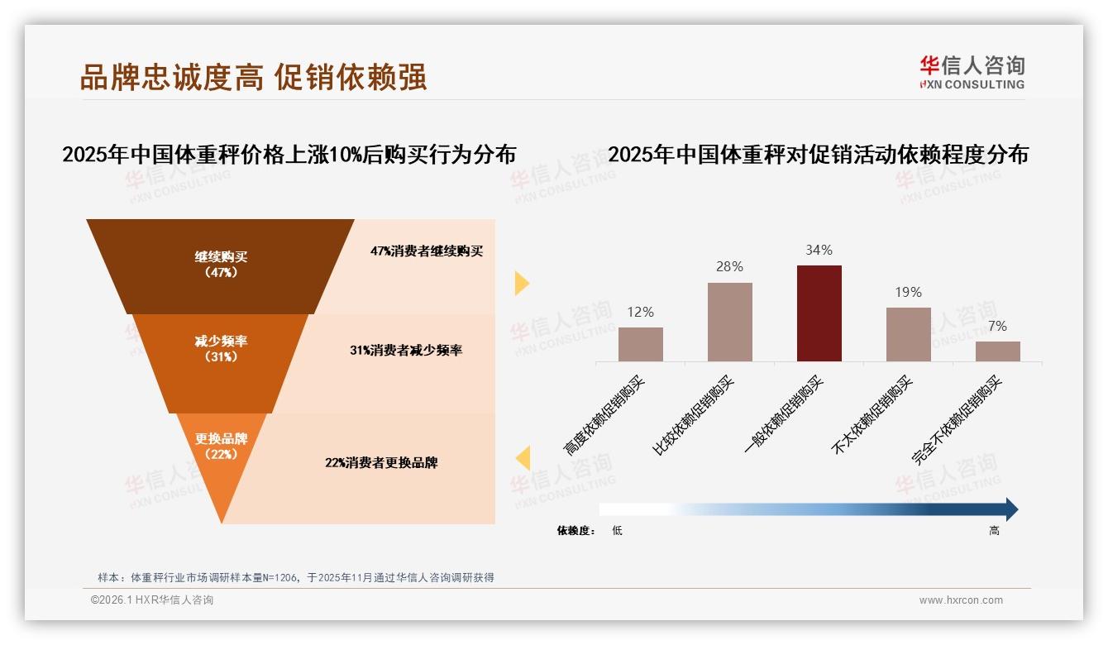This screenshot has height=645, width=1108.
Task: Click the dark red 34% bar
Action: click(819, 313)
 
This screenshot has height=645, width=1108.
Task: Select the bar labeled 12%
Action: click(641, 344)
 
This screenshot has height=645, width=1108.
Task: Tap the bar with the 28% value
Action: click(730, 322)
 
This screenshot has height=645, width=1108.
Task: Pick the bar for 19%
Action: click(908, 334)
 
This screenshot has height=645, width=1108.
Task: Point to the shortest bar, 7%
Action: click(997, 351)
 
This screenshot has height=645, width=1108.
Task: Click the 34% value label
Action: click(819, 250)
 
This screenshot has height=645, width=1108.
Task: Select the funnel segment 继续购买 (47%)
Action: click(221, 265)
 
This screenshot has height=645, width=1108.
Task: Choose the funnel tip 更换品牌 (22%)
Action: click(222, 447)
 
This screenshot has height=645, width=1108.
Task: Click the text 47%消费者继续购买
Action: click(427, 251)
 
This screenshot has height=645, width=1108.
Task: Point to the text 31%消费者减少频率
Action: click(406, 351)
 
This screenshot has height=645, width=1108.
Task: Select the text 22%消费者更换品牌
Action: click(381, 463)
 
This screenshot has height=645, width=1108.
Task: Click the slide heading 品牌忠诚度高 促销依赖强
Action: click(253, 77)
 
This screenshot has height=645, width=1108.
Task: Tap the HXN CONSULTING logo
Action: click(972, 72)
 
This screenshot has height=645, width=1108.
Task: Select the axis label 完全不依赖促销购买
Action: click(958, 420)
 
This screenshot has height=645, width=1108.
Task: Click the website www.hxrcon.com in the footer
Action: click(961, 600)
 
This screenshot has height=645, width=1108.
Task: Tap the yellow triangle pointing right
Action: click(522, 283)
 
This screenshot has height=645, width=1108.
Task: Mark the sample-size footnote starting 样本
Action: click(295, 577)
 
